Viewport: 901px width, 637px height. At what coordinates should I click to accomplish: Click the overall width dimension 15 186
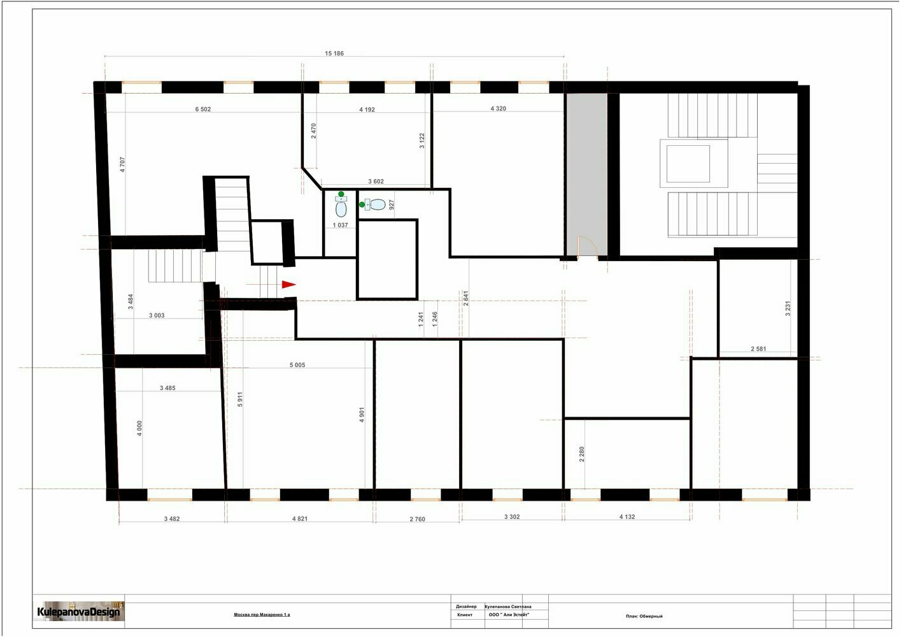(x=334, y=53)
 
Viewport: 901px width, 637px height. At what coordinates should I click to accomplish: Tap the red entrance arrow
(x=288, y=285)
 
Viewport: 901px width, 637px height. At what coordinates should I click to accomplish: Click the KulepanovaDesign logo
(x=78, y=612)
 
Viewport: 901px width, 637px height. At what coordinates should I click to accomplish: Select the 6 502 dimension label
(x=202, y=109)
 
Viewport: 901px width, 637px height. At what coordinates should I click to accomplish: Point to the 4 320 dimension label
(x=498, y=108)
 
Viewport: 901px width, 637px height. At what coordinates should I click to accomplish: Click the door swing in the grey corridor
(x=587, y=245)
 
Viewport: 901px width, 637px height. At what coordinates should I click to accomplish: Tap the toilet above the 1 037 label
(x=341, y=206)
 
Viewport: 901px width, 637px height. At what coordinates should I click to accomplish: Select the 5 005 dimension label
(x=297, y=365)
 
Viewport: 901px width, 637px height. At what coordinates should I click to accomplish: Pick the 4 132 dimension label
(x=627, y=517)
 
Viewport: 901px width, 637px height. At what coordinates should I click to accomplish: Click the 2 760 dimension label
(x=417, y=519)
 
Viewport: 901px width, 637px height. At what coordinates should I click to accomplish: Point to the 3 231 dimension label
(x=788, y=308)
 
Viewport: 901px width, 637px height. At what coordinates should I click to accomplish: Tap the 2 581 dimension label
(x=758, y=349)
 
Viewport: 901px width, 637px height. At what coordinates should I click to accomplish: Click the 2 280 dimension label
(x=581, y=454)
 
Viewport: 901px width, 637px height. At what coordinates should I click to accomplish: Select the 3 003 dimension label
(x=157, y=315)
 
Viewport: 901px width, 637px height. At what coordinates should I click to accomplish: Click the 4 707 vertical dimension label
(x=123, y=164)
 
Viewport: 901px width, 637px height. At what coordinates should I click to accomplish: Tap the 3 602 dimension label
(x=376, y=182)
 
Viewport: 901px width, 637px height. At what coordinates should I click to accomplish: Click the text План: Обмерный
(x=644, y=616)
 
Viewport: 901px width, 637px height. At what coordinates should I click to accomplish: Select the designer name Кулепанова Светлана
(x=507, y=606)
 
